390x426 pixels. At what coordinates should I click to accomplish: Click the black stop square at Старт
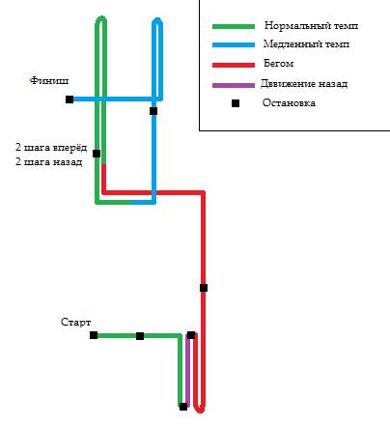pyautogui.click(x=94, y=335)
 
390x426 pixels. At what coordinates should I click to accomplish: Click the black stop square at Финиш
pyautogui.click(x=70, y=99)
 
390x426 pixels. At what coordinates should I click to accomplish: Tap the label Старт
pyautogui.click(x=76, y=322)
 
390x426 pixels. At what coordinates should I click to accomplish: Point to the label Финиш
pyautogui.click(x=49, y=80)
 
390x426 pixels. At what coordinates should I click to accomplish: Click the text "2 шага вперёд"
pyautogui.click(x=51, y=148)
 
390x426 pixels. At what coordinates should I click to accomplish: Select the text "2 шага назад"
pyautogui.click(x=48, y=161)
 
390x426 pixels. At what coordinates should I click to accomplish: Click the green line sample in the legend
pyautogui.click(x=234, y=27)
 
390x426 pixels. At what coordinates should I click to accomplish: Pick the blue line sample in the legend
pyautogui.click(x=234, y=45)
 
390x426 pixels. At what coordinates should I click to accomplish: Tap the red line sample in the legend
pyautogui.click(x=234, y=65)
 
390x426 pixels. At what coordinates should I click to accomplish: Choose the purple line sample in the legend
pyautogui.click(x=234, y=86)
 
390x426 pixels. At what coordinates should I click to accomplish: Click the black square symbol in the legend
pyautogui.click(x=236, y=103)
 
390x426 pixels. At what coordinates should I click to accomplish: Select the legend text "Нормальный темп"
pyautogui.click(x=311, y=25)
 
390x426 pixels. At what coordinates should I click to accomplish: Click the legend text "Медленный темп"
pyautogui.click(x=306, y=43)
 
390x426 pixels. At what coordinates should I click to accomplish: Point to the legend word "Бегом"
pyautogui.click(x=278, y=64)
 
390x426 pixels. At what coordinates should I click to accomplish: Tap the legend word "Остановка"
pyautogui.click(x=289, y=103)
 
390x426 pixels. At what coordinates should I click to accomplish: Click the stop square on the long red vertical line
pyautogui.click(x=204, y=288)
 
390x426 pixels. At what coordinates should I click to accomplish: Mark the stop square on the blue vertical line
pyautogui.click(x=153, y=111)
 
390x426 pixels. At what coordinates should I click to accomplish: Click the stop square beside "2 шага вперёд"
pyautogui.click(x=97, y=154)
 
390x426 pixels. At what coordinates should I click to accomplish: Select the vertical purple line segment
pyautogui.click(x=187, y=371)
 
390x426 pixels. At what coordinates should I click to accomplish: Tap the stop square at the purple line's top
pyautogui.click(x=191, y=335)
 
